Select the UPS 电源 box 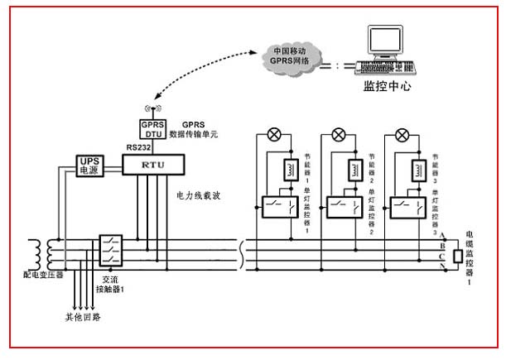point(88,166)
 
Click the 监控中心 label point(387,86)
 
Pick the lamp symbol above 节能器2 point(339,135)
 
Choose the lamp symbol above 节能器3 point(402,135)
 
